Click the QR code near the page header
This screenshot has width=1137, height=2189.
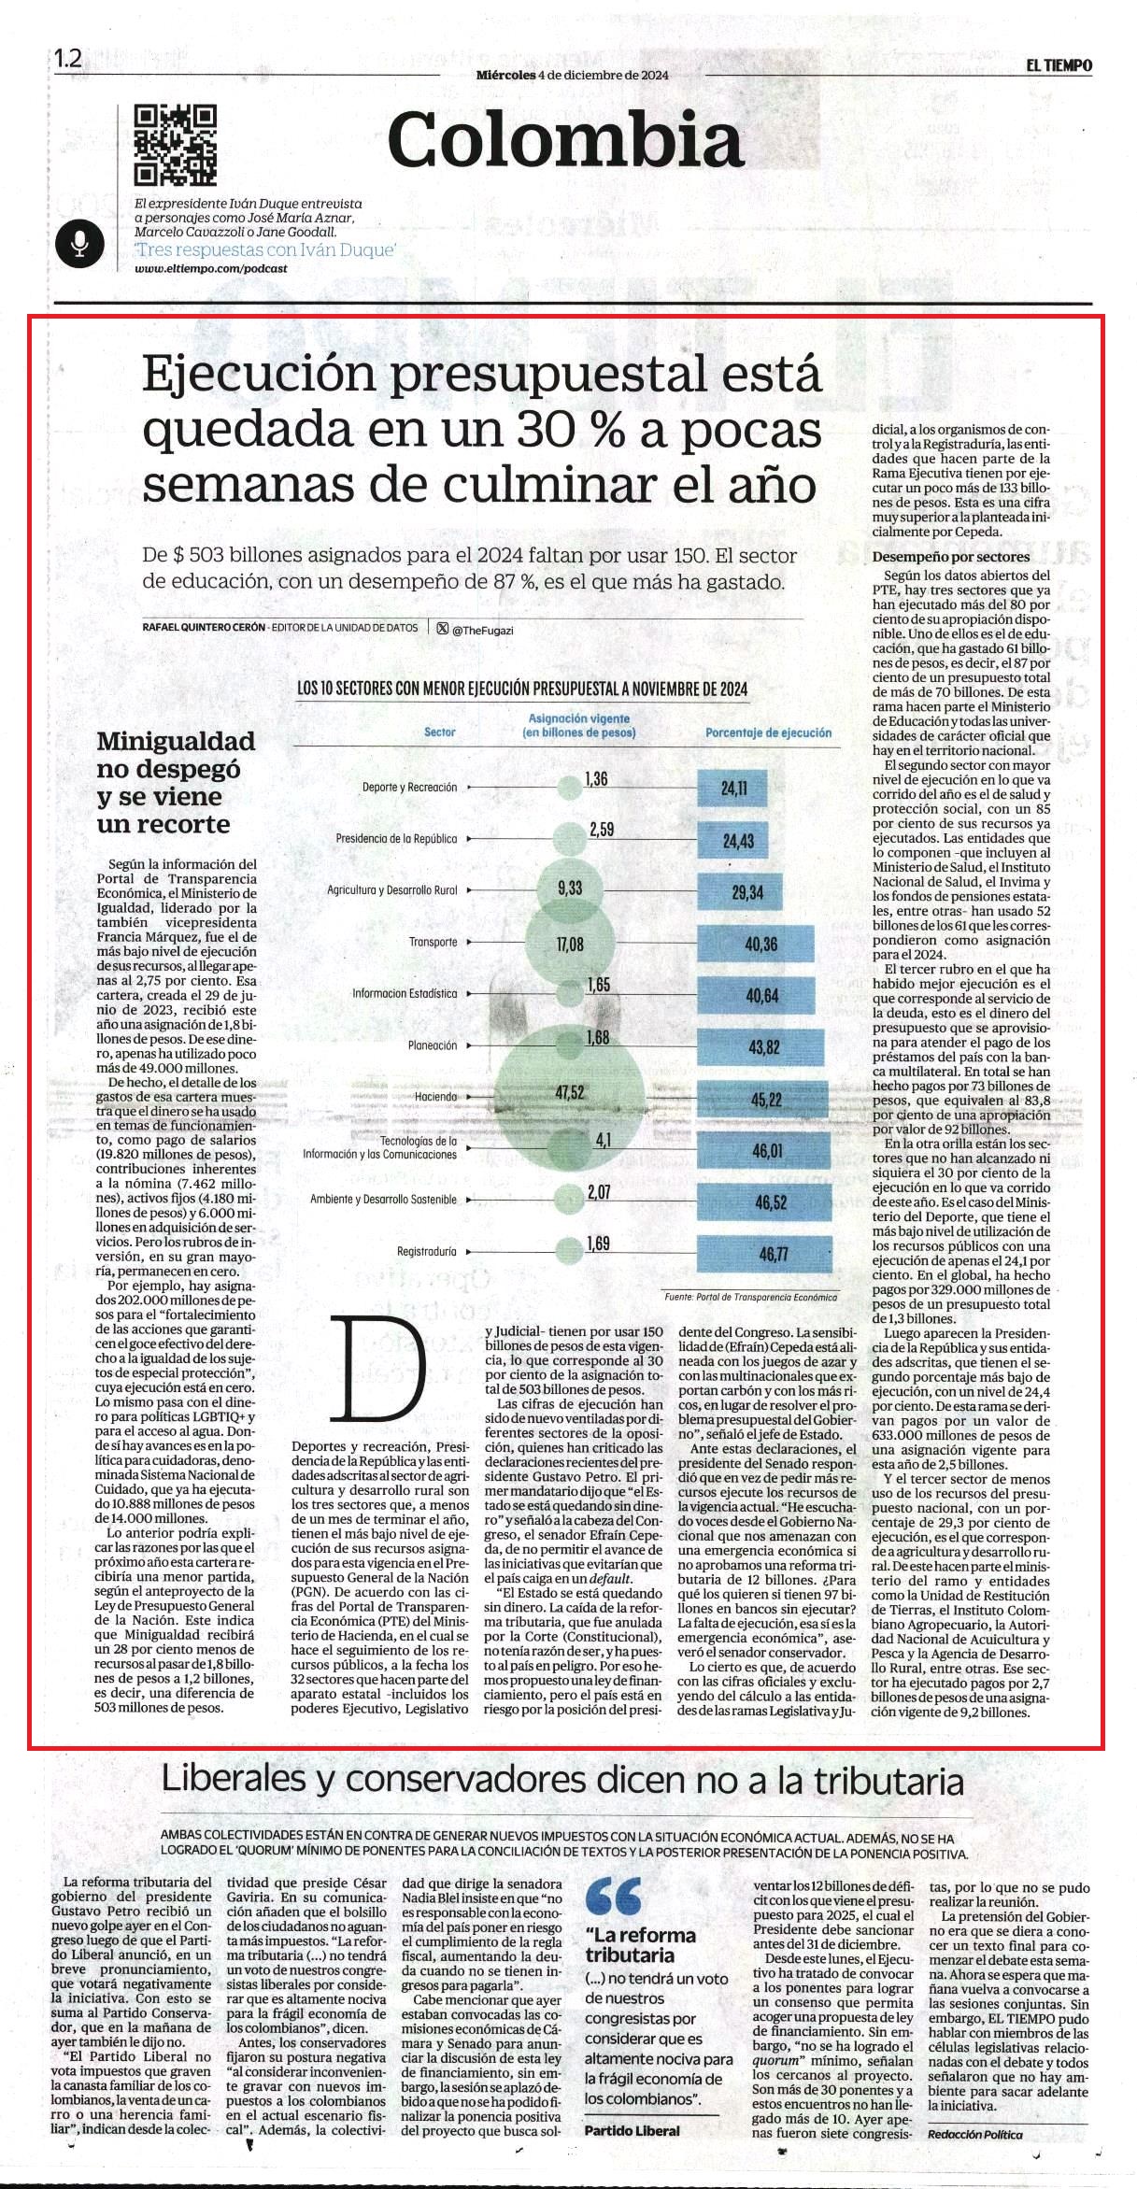(x=176, y=145)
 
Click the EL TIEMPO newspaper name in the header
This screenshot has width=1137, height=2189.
(x=1059, y=65)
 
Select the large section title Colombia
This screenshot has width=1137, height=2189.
(x=564, y=140)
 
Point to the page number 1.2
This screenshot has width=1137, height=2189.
(x=68, y=60)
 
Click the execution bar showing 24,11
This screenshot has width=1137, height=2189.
(x=733, y=789)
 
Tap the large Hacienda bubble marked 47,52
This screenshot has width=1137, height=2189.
(x=569, y=1093)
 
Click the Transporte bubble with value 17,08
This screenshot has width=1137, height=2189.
(x=569, y=945)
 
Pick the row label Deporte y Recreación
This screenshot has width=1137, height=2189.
(x=409, y=788)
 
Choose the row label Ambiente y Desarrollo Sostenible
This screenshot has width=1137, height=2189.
(x=383, y=1200)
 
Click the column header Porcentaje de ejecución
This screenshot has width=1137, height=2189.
(x=768, y=733)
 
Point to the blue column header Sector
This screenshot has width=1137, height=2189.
(x=440, y=732)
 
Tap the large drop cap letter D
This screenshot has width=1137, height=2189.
(x=383, y=1370)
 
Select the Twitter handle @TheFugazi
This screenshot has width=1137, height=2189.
(x=482, y=631)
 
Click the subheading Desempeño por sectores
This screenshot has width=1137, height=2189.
(x=938, y=557)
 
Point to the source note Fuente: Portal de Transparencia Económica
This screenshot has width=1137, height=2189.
(x=750, y=1297)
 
